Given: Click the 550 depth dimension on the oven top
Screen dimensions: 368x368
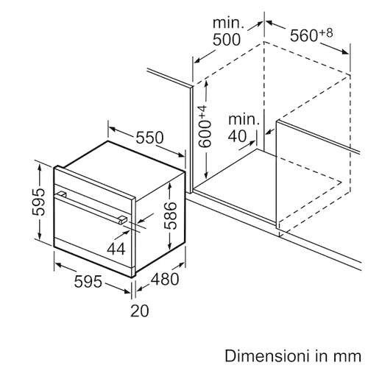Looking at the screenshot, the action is pyautogui.click(x=149, y=138).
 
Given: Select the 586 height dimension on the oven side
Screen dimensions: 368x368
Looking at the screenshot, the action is pyautogui.click(x=171, y=216).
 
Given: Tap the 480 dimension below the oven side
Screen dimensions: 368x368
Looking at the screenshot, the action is pyautogui.click(x=165, y=279).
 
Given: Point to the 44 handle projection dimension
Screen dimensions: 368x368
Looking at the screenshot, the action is pyautogui.click(x=116, y=249).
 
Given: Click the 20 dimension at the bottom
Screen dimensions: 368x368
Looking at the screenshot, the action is pyautogui.click(x=140, y=311).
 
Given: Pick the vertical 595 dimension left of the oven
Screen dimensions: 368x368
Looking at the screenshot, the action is pyautogui.click(x=39, y=202).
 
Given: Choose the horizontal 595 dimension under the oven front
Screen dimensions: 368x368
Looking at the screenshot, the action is pyautogui.click(x=88, y=281).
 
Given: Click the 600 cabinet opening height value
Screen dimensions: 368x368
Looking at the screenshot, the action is pyautogui.click(x=205, y=134).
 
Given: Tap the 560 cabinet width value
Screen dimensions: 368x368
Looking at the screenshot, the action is pyautogui.click(x=304, y=36).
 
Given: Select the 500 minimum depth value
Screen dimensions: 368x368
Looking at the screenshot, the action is pyautogui.click(x=227, y=40).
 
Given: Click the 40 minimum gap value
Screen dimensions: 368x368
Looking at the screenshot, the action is pyautogui.click(x=237, y=136).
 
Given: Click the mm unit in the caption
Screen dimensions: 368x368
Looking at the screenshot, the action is pyautogui.click(x=348, y=357).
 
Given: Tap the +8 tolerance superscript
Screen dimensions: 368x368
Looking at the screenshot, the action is pyautogui.click(x=326, y=33).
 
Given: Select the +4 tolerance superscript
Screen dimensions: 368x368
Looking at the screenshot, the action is pyautogui.click(x=202, y=113).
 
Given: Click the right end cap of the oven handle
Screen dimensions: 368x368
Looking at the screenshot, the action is pyautogui.click(x=123, y=219).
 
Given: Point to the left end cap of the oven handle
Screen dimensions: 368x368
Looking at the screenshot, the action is pyautogui.click(x=62, y=194).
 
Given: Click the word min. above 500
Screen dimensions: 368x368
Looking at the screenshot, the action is pyautogui.click(x=229, y=23).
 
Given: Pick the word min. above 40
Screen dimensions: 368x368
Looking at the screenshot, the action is pyautogui.click(x=244, y=119).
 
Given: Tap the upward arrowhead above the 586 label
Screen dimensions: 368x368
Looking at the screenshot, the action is pyautogui.click(x=169, y=185).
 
